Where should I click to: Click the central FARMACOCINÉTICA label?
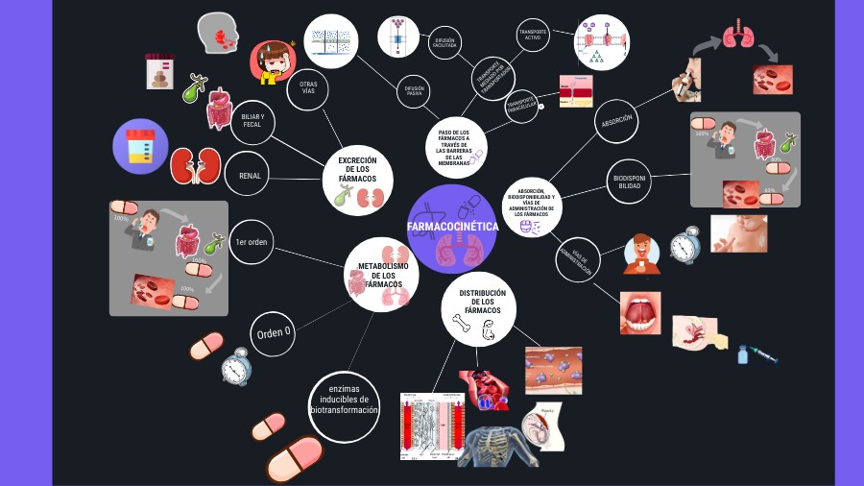[452, 227]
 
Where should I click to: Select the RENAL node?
[250, 176]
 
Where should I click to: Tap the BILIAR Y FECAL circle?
[252, 120]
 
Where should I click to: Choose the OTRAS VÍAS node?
[308, 88]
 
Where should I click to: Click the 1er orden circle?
[252, 242]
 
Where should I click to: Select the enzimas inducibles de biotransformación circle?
[345, 405]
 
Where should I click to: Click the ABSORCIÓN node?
[616, 122]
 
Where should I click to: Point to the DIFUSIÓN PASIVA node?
[414, 91]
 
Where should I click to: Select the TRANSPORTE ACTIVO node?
[534, 36]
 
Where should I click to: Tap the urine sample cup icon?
[140, 146]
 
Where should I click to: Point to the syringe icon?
[756, 354]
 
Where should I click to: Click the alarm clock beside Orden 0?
[235, 367]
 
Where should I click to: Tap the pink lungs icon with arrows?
[737, 36]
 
